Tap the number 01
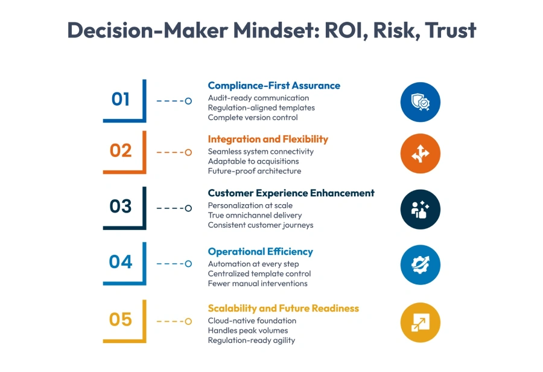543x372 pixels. [x=121, y=98]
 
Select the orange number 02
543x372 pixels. [x=121, y=150]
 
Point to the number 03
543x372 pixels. [x=121, y=207]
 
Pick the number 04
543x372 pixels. [x=121, y=262]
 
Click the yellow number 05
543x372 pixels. [x=121, y=319]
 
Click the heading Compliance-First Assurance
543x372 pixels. [x=274, y=86]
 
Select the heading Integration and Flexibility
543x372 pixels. [x=268, y=139]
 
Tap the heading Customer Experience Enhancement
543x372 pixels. [x=291, y=193]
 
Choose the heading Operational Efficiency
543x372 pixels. [x=260, y=252]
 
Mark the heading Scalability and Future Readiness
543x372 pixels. [x=283, y=309]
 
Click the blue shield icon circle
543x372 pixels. [x=421, y=102]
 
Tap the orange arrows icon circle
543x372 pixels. [x=421, y=154]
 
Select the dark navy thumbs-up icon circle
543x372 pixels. [x=421, y=210]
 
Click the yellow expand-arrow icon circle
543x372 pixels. [x=421, y=322]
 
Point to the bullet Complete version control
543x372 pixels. [x=253, y=118]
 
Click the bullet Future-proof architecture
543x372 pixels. [x=254, y=171]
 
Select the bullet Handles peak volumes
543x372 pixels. [x=248, y=330]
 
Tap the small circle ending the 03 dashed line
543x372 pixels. [x=188, y=208]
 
